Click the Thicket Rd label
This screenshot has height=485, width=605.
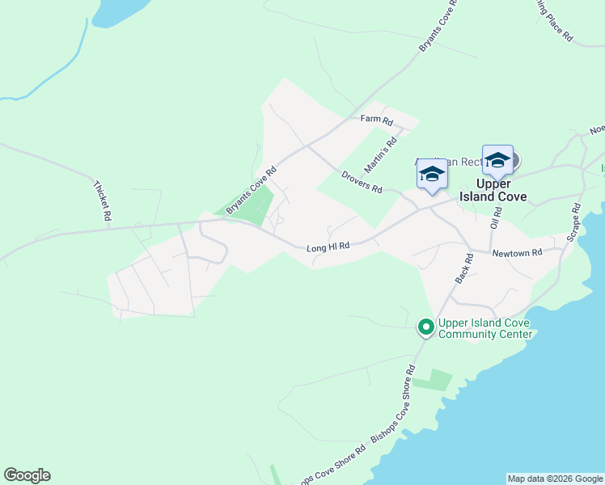pyautogui.click(x=101, y=201)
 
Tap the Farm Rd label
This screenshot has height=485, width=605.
pyautogui.click(x=376, y=120)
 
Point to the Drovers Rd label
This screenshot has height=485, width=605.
pyautogui.click(x=361, y=183)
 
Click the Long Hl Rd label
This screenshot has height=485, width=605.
pyautogui.click(x=328, y=247)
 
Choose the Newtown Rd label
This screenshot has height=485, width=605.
pyautogui.click(x=517, y=253)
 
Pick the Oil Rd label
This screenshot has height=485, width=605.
pyautogui.click(x=497, y=217)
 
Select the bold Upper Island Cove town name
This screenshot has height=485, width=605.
pyautogui.click(x=493, y=190)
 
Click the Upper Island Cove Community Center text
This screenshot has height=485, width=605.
pyautogui.click(x=484, y=328)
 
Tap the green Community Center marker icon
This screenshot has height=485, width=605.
pyautogui.click(x=425, y=327)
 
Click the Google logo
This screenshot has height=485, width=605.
pyautogui.click(x=27, y=475)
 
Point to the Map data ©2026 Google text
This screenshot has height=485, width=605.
pyautogui.click(x=555, y=479)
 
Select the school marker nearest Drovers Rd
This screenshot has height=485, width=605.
pyautogui.click(x=432, y=175)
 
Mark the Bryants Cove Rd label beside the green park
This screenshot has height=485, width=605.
pyautogui.click(x=251, y=190)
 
